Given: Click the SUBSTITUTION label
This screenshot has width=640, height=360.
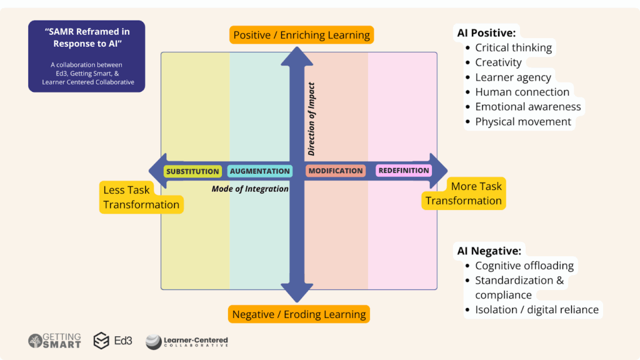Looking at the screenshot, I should pyautogui.click(x=192, y=171).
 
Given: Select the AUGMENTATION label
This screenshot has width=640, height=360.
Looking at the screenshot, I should pyautogui.click(x=259, y=171).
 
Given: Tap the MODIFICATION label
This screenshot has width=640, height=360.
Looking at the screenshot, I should pyautogui.click(x=336, y=171).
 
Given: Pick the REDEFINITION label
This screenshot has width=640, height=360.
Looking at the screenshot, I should pyautogui.click(x=404, y=170).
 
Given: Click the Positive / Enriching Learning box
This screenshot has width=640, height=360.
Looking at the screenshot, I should pyautogui.click(x=301, y=35).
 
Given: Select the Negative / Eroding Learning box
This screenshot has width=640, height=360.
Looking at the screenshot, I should pyautogui.click(x=299, y=314).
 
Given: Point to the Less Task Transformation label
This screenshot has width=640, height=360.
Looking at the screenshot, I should pyautogui.click(x=141, y=197).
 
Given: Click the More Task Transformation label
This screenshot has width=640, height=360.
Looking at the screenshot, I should pyautogui.click(x=464, y=194).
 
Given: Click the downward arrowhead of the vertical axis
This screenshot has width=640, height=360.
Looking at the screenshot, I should pyautogui.click(x=297, y=292).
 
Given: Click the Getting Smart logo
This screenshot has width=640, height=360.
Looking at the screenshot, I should pyautogui.click(x=54, y=341).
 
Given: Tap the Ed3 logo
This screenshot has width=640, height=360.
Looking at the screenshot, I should pyautogui.click(x=112, y=341).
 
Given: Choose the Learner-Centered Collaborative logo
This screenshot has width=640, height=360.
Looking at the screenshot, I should pyautogui.click(x=187, y=341).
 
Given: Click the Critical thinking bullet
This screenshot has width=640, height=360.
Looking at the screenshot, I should pyautogui.click(x=513, y=47).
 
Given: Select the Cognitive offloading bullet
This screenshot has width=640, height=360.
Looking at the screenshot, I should pyautogui.click(x=524, y=266).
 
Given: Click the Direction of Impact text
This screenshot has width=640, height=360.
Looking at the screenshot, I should pyautogui.click(x=311, y=119).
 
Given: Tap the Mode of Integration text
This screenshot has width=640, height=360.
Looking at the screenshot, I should pyautogui.click(x=250, y=189).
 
